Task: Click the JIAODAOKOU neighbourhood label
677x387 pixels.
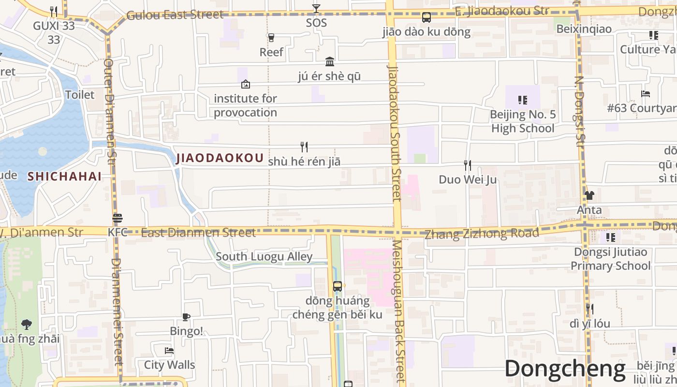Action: click(x=220, y=158)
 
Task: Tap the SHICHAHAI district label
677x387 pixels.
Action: click(x=64, y=176)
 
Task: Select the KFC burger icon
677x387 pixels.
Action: click(x=118, y=218)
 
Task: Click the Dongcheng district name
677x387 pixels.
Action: click(x=565, y=369)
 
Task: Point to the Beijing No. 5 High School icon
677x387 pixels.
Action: click(x=522, y=100)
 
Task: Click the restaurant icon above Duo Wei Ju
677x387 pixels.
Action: click(x=467, y=165)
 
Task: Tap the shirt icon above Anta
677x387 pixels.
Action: click(x=589, y=195)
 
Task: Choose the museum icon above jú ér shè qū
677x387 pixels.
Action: click(x=330, y=61)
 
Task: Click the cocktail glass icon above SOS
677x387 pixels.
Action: click(x=316, y=9)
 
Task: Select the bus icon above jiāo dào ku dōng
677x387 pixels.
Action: click(x=426, y=17)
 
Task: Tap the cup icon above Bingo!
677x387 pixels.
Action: click(x=186, y=317)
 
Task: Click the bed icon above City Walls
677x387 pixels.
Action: click(x=169, y=350)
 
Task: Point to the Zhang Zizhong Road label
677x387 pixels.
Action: click(x=482, y=234)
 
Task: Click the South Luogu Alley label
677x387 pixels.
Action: click(x=264, y=256)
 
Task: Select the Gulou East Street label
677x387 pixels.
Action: click(x=175, y=15)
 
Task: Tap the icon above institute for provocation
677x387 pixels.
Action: click(x=245, y=84)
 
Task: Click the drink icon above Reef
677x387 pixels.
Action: click(x=271, y=37)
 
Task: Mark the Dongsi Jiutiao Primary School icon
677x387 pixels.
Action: click(x=611, y=238)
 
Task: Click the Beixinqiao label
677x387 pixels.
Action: click(x=584, y=29)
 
